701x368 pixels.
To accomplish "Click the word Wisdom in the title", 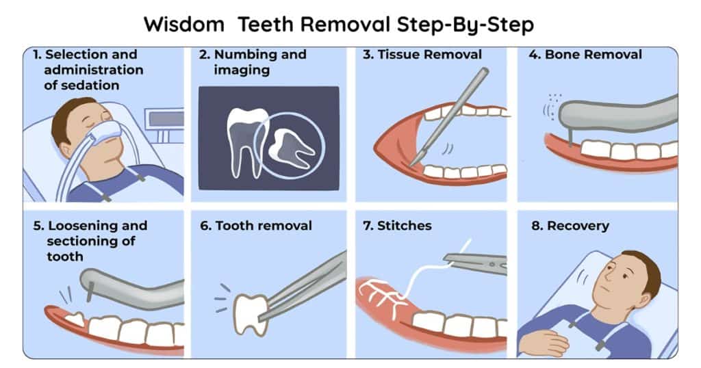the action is click(183, 24).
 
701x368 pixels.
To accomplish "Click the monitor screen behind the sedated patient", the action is click(166, 119).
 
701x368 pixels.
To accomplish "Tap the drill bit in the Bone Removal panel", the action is click(570, 137).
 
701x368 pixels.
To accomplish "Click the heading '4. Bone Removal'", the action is click(585, 55).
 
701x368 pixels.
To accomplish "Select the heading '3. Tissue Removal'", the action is click(422, 55).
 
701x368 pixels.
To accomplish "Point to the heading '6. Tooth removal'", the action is click(256, 226).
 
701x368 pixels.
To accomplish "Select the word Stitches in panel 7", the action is click(404, 226).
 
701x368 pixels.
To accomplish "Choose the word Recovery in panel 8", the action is click(578, 226).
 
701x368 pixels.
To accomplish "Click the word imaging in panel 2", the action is click(242, 70).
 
